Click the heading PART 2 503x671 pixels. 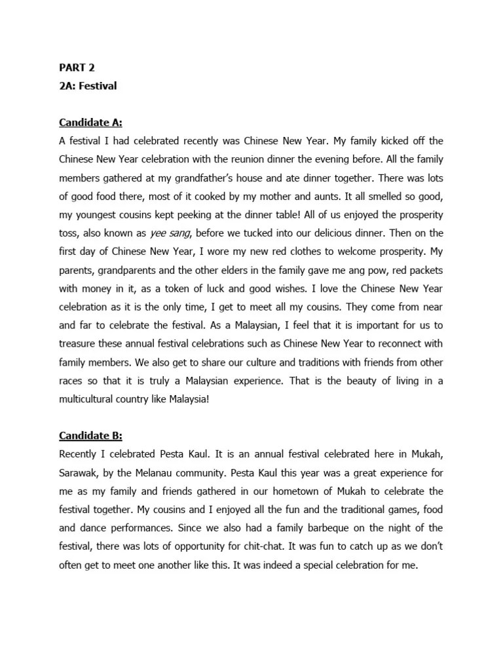(77, 67)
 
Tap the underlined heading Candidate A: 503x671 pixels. (90, 123)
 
